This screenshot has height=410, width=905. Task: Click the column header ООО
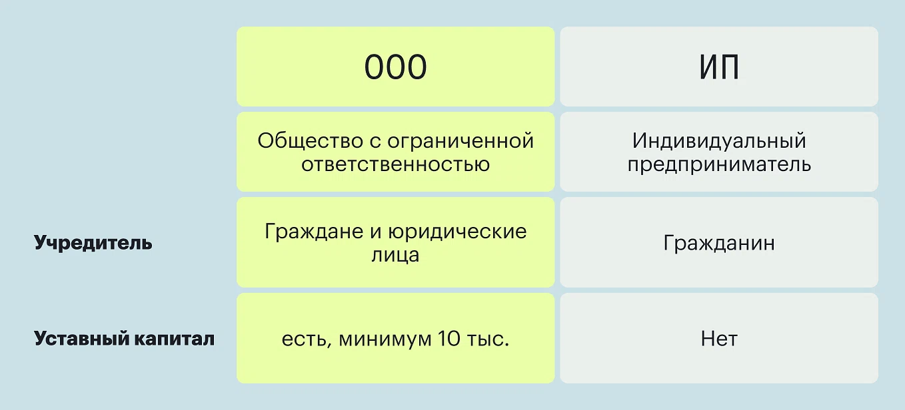(396, 67)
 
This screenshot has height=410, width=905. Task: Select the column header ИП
(719, 67)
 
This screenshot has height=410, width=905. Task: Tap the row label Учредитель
(93, 242)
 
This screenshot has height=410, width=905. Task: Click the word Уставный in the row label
(81, 338)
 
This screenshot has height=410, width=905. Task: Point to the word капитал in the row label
(174, 339)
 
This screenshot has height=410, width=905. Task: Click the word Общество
(311, 141)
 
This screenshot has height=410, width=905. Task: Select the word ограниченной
(460, 142)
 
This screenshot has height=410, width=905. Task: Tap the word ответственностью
(396, 164)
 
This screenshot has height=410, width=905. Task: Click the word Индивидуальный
(719, 141)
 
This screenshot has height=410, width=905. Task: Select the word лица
(396, 256)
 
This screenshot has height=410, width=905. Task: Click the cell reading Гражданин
(719, 243)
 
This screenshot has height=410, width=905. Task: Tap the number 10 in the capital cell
(449, 338)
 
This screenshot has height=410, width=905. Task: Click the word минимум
(385, 339)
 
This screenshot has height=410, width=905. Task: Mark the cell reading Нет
(719, 339)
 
